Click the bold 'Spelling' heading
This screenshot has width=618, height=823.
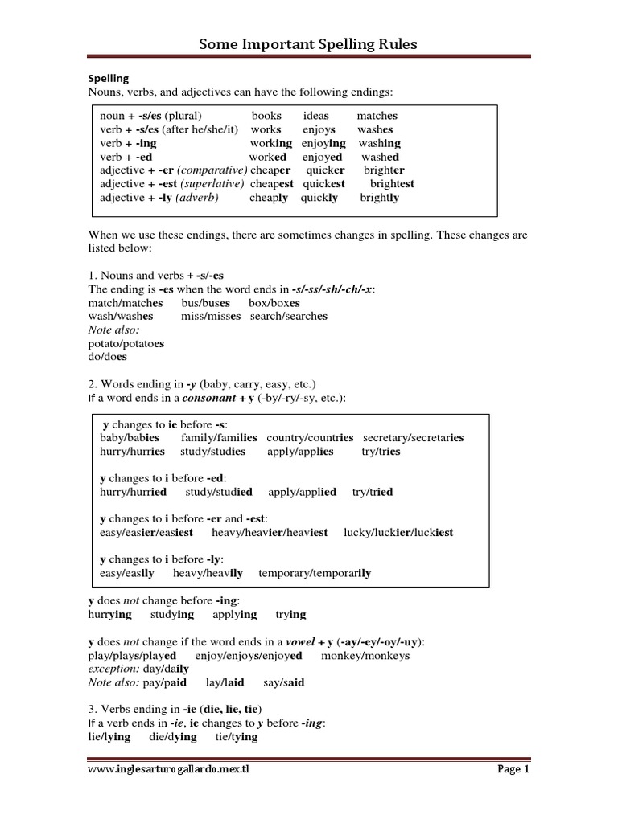pyautogui.click(x=108, y=79)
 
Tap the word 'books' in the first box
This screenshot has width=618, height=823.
pyautogui.click(x=266, y=116)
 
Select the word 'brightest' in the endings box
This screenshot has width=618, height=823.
pyautogui.click(x=392, y=184)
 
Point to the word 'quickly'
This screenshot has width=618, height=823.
pyautogui.click(x=319, y=198)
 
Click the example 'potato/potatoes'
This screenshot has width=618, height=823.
pyautogui.click(x=126, y=343)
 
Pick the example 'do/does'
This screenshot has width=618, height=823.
pyautogui.click(x=108, y=357)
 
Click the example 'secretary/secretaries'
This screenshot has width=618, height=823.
pyautogui.click(x=413, y=438)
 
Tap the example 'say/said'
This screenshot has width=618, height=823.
pyautogui.click(x=284, y=683)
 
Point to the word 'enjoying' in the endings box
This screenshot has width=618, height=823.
pyautogui.click(x=323, y=143)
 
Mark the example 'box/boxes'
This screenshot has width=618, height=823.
pyautogui.click(x=274, y=303)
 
